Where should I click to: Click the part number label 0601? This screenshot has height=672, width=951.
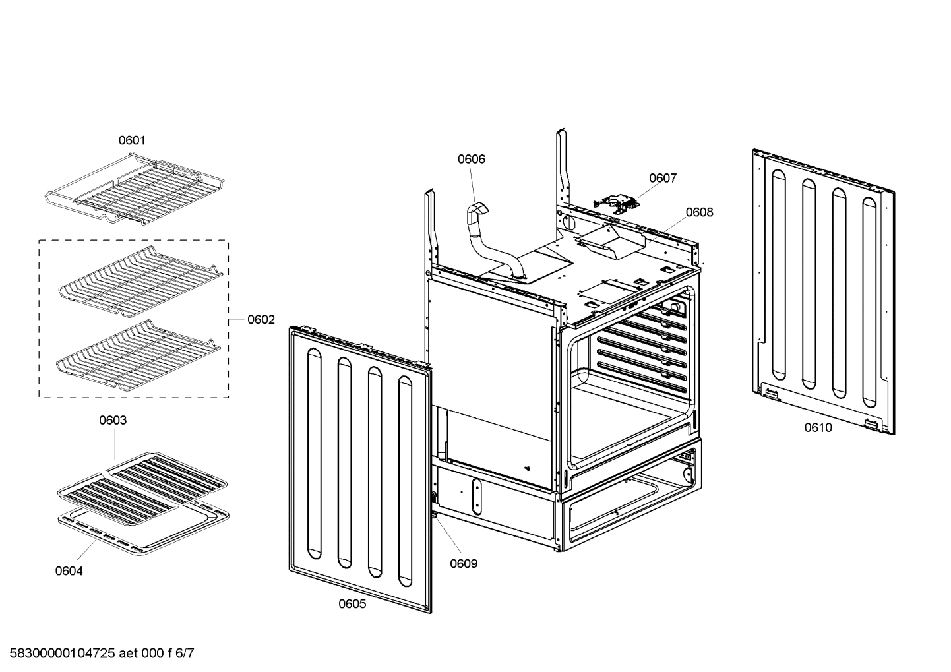tap(132, 140)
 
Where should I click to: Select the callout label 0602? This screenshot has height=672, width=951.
tap(261, 320)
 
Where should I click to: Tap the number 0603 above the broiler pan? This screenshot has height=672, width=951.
tap(113, 420)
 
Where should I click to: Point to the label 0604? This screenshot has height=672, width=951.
tap(69, 571)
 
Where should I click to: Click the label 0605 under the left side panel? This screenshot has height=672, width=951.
tap(352, 604)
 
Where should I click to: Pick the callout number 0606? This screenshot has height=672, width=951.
tap(471, 159)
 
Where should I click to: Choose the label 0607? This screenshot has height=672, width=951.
tap(662, 178)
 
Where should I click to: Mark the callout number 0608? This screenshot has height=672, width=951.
tap(699, 212)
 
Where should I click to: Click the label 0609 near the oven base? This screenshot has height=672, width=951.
tap(464, 564)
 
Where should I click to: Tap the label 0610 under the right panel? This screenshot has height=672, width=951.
tap(818, 427)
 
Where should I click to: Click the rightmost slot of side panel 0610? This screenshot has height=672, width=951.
tap(871, 303)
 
